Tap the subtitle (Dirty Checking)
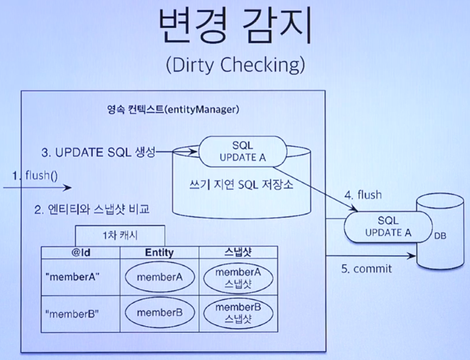[236, 65]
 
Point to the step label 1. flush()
[35, 175]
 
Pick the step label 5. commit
[366, 268]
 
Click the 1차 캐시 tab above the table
[120, 236]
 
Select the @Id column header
[81, 252]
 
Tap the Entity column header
[160, 252]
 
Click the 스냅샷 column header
[238, 252]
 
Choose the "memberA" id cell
[72, 277]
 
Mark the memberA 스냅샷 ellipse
[238, 277]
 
